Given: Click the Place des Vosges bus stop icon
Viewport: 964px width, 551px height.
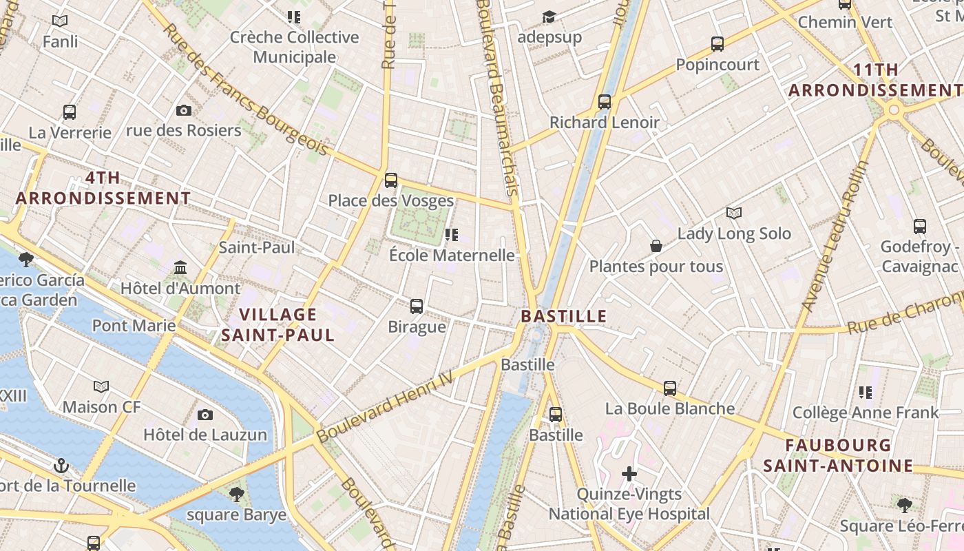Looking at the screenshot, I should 391,180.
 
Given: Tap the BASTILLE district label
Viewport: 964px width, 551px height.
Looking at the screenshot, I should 563,316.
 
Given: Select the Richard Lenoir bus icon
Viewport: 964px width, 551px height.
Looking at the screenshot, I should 605,102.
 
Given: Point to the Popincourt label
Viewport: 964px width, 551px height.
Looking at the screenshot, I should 717,65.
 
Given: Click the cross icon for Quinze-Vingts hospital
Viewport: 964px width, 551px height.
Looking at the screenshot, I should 629,474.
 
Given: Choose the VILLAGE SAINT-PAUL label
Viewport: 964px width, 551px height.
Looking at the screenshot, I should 277,325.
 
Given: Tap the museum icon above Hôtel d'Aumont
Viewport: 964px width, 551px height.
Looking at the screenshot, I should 180,267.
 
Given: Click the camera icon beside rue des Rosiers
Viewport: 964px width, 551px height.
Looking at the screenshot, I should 184,110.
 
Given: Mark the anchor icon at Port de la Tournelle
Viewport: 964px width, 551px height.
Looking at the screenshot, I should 61,466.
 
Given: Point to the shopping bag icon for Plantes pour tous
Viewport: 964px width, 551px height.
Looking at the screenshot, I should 656,246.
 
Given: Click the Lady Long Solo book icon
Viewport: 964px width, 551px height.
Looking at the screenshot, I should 734,214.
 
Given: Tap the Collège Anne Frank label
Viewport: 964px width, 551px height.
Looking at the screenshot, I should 866,413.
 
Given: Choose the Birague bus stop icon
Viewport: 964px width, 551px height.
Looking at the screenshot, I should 417,306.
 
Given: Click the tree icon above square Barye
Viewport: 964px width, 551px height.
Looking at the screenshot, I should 236,494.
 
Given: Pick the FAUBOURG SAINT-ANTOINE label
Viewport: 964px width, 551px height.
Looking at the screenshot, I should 837,455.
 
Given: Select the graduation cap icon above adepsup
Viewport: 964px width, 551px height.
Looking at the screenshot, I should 549,17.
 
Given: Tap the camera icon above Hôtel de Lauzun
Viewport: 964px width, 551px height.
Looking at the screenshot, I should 205,415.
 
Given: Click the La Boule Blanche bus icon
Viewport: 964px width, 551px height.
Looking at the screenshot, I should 670,388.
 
